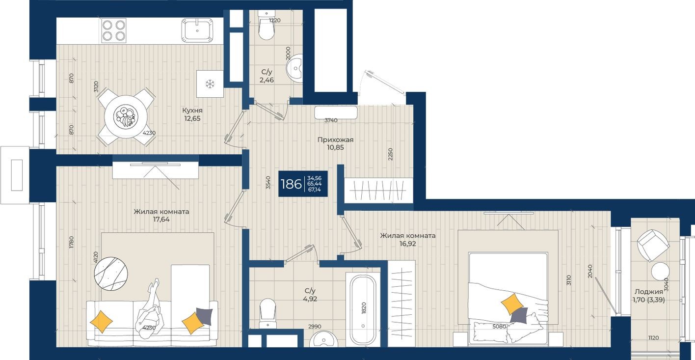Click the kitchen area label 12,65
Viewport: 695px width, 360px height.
coord(191,118)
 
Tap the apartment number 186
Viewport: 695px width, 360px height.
coord(291,184)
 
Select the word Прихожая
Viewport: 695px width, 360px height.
coord(335,140)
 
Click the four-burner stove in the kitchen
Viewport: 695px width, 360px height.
coord(114,30)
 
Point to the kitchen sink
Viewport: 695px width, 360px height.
coord(198,30)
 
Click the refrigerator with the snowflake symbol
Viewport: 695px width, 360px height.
coord(210,84)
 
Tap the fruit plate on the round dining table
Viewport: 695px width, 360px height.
coord(123,116)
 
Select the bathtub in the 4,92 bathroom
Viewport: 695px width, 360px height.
coord(363,309)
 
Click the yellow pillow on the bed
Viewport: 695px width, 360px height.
coord(512,304)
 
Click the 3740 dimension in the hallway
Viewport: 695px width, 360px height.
coord(331,120)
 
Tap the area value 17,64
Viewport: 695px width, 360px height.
coord(161,220)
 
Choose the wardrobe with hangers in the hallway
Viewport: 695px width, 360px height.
coord(375,189)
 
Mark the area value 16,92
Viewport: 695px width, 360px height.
coord(407,243)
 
